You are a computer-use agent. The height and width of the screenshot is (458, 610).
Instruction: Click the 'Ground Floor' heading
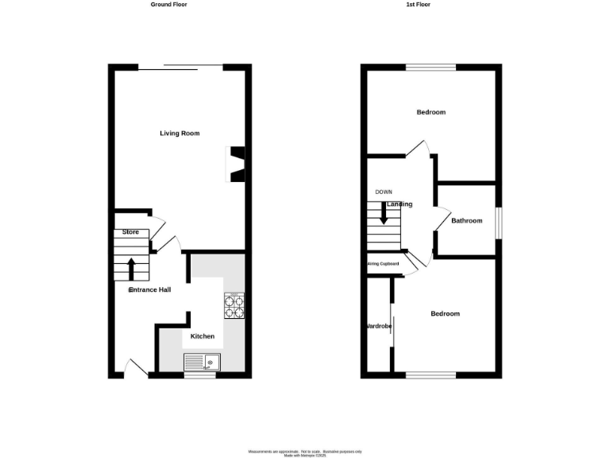[x=168, y=4]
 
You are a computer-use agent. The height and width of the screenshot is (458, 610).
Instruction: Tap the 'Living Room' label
[x=180, y=134]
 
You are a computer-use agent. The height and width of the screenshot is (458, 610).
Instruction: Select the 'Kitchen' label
[x=202, y=336]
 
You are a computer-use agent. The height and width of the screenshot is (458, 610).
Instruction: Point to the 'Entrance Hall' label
[x=150, y=290]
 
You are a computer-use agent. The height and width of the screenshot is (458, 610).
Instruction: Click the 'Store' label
[x=130, y=232]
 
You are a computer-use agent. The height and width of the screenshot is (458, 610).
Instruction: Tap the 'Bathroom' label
[x=466, y=221]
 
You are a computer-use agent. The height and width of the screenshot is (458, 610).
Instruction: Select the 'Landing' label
[x=400, y=204]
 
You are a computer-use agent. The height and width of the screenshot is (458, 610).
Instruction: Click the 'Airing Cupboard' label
[x=382, y=264]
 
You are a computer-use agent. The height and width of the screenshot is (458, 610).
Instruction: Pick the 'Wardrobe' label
[x=378, y=326]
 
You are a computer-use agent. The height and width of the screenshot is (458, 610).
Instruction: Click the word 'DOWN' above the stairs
[x=384, y=192]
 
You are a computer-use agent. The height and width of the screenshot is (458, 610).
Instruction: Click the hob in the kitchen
[x=234, y=306]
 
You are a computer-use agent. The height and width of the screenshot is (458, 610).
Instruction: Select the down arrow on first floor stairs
[x=384, y=213]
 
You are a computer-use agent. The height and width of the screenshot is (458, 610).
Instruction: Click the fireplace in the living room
[x=237, y=164]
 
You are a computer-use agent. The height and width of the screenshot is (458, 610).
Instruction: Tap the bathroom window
[x=498, y=222]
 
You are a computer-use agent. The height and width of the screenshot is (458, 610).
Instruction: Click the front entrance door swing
[x=135, y=367]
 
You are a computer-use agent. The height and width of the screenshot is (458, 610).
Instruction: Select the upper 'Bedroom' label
[x=431, y=112]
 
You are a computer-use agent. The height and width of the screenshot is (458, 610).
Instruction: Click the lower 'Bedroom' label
[x=445, y=314]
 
